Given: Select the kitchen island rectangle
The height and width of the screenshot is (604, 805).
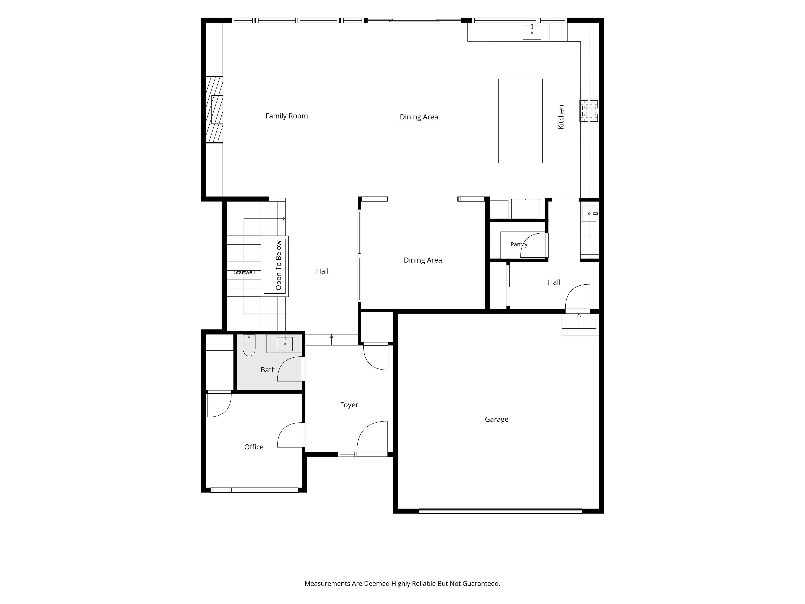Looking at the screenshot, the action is pyautogui.click(x=520, y=121).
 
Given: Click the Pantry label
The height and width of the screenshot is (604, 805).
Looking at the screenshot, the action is pyautogui.click(x=519, y=244).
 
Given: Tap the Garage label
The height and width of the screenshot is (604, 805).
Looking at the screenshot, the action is pyautogui.click(x=496, y=419).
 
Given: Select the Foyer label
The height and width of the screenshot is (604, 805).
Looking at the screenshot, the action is pyautogui.click(x=349, y=405).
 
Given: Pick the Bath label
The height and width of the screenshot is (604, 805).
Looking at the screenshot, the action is pyautogui.click(x=268, y=370).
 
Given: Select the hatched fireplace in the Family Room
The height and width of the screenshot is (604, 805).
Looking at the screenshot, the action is pyautogui.click(x=214, y=110).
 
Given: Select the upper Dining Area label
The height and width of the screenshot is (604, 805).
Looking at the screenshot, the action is pyautogui.click(x=419, y=117).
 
